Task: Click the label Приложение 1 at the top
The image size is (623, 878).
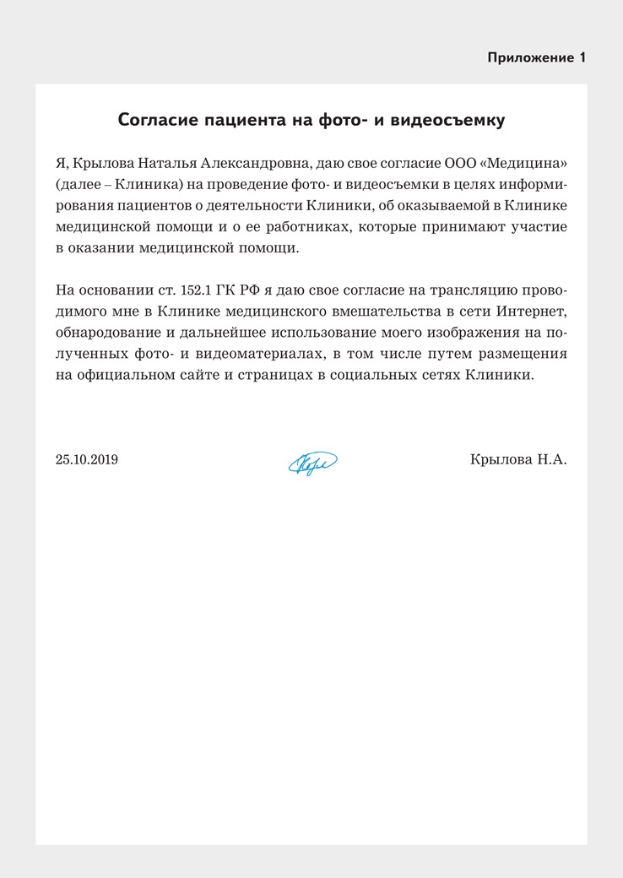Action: pyautogui.click(x=536, y=57)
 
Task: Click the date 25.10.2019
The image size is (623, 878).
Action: pyautogui.click(x=86, y=460)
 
